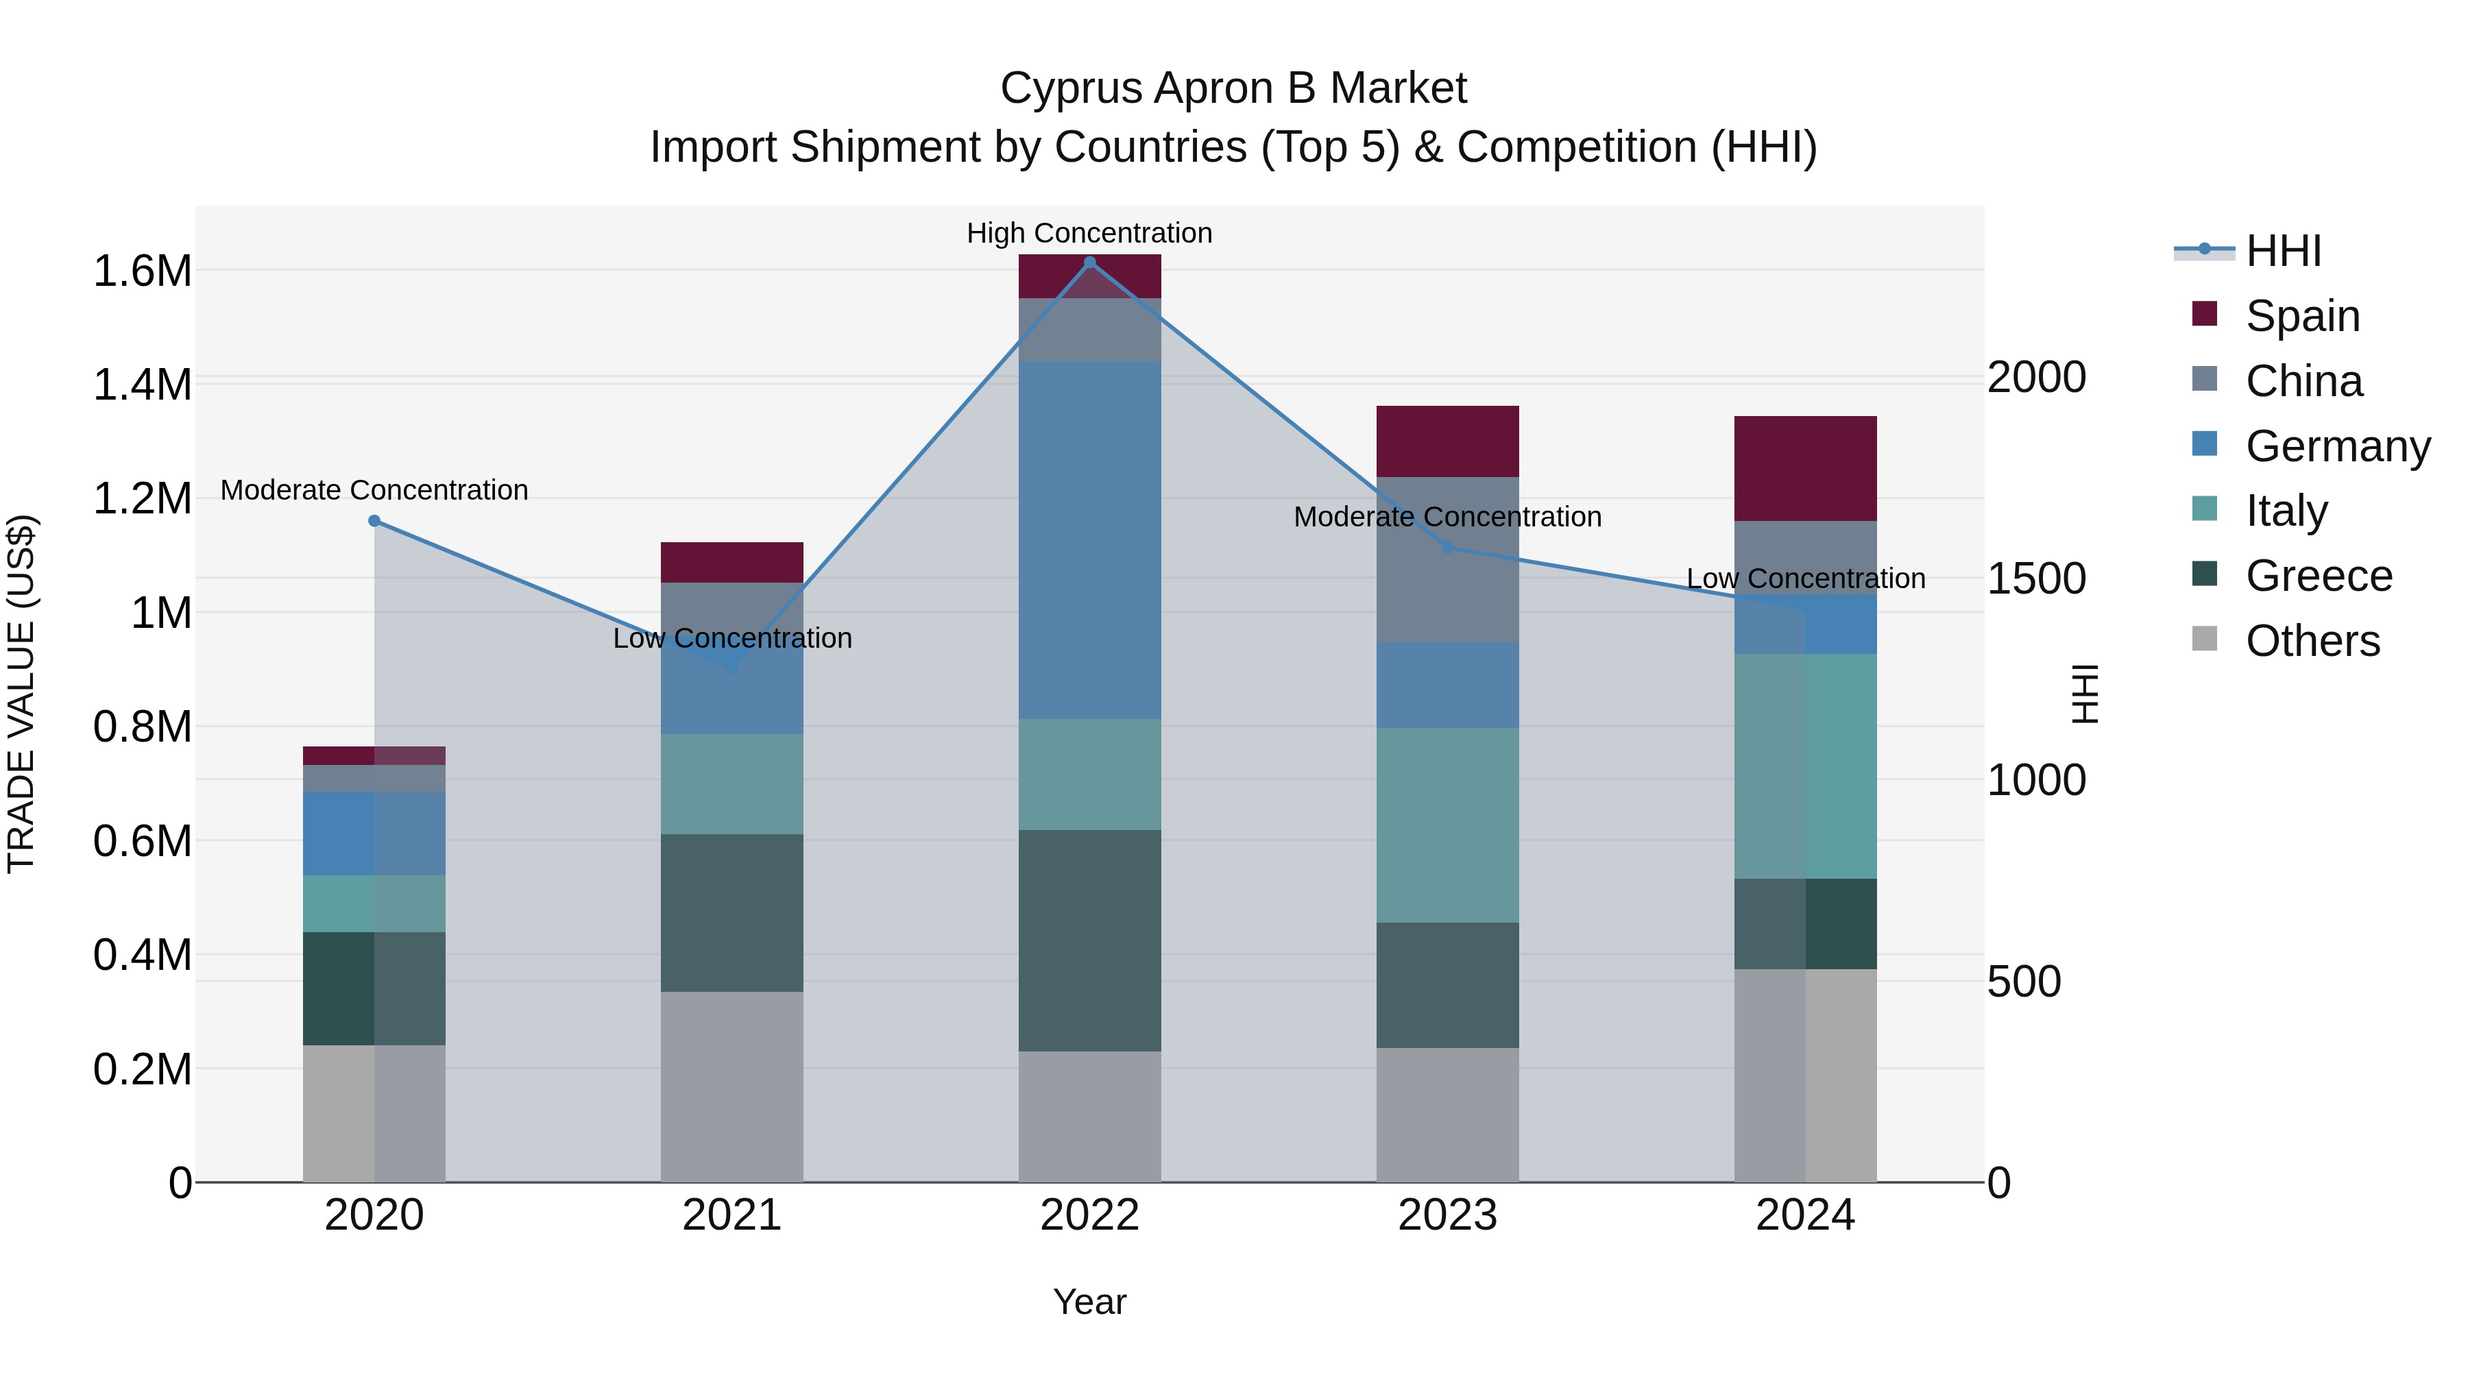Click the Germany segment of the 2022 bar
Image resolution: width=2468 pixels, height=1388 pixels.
pos(1089,539)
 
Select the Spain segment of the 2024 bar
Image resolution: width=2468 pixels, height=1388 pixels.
pos(1805,468)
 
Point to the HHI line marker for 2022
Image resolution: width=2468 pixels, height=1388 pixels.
pos(1089,263)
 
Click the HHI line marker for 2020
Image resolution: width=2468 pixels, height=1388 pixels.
pos(374,521)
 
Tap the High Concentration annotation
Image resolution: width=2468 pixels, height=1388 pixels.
pos(1089,233)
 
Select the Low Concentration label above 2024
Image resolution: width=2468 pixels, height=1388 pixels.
pos(1805,579)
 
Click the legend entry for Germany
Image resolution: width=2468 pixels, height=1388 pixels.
pos(2338,446)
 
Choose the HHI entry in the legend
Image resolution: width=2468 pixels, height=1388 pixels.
pos(2283,251)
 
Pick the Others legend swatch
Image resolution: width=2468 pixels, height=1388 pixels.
pos(2205,639)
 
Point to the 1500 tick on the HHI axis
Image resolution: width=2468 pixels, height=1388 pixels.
pos(2036,579)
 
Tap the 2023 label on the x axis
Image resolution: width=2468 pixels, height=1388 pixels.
pos(1448,1215)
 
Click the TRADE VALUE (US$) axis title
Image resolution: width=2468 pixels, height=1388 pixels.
pos(21,694)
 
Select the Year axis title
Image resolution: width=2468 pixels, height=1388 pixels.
pos(1089,1302)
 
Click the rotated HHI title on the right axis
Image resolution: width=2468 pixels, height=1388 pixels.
pos(2085,694)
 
